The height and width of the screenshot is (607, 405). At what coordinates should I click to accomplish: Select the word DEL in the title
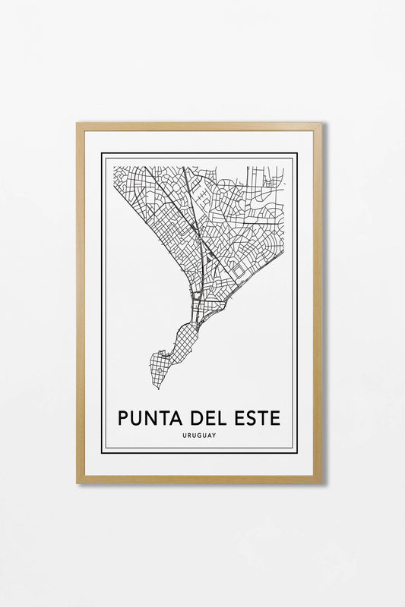[x=207, y=417]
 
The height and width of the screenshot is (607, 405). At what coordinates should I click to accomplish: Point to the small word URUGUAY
[x=199, y=436]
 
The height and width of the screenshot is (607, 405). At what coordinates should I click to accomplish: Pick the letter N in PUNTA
[x=148, y=417]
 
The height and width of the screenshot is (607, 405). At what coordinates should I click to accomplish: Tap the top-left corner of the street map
[x=114, y=166]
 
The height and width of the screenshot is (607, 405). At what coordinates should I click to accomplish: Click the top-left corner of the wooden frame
[x=78, y=124]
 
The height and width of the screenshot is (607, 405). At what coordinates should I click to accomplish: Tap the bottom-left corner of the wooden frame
[x=78, y=482]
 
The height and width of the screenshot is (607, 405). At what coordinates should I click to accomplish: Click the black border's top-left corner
[x=102, y=153]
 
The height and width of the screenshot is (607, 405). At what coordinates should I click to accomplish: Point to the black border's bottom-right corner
[x=296, y=453]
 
